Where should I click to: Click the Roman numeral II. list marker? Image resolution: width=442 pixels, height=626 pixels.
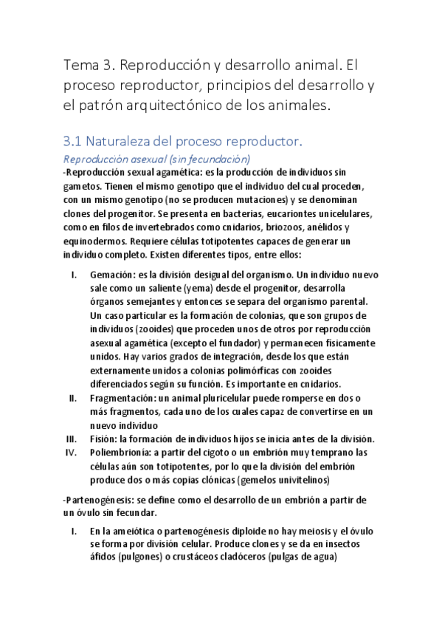point(73,399)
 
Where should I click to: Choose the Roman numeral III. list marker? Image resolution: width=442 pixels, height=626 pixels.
point(72,439)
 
